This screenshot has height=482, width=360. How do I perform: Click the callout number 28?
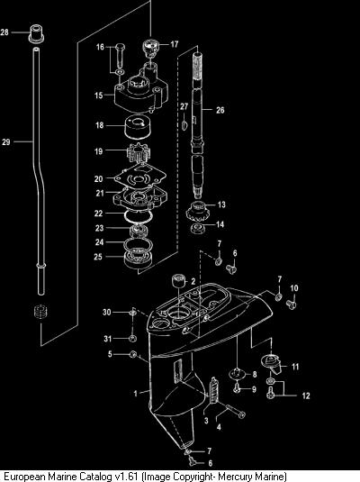(x=4, y=32)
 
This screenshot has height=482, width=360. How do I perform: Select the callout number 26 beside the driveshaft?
(x=220, y=110)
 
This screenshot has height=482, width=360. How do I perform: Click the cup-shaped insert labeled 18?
(x=138, y=127)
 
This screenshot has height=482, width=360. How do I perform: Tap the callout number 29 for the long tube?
(x=6, y=141)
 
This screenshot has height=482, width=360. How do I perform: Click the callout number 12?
(x=306, y=396)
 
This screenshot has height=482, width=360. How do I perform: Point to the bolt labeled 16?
(x=121, y=56)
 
